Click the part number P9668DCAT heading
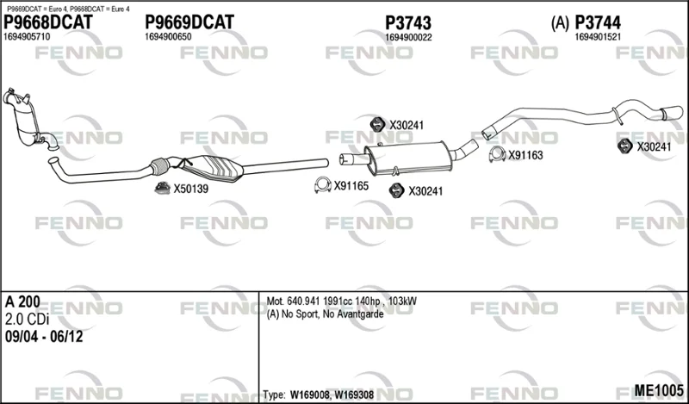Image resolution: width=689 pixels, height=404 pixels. tap(48, 22)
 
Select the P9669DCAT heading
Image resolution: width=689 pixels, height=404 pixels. tap(189, 22)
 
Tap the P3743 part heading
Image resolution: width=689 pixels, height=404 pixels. tap(408, 22)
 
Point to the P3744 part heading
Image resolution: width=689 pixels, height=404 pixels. tap(598, 22)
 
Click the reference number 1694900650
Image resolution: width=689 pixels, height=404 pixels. tap(168, 37)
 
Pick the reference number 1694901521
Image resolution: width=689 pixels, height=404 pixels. tap(598, 37)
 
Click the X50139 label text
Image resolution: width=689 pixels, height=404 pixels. tap(190, 189)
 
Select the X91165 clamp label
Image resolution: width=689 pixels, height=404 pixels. tap(351, 186)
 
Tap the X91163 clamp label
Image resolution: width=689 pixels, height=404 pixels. tap(525, 155)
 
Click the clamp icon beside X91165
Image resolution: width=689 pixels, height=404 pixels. tap(322, 185)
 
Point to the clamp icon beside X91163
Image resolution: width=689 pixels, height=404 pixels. tap(497, 154)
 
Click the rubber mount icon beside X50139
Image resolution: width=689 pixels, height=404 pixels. tap(162, 188)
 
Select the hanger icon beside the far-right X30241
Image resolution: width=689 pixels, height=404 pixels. tap(624, 146)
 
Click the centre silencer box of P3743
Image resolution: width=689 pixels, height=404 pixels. tap(409, 158)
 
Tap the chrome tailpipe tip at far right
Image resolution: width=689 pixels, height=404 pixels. tap(673, 113)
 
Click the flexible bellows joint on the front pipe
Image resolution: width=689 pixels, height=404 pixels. tap(159, 166)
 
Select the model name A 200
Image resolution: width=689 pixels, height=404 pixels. tap(22, 302)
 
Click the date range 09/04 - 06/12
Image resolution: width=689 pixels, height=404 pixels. tap(44, 337)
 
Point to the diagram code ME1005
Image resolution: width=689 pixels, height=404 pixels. tap(659, 390)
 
